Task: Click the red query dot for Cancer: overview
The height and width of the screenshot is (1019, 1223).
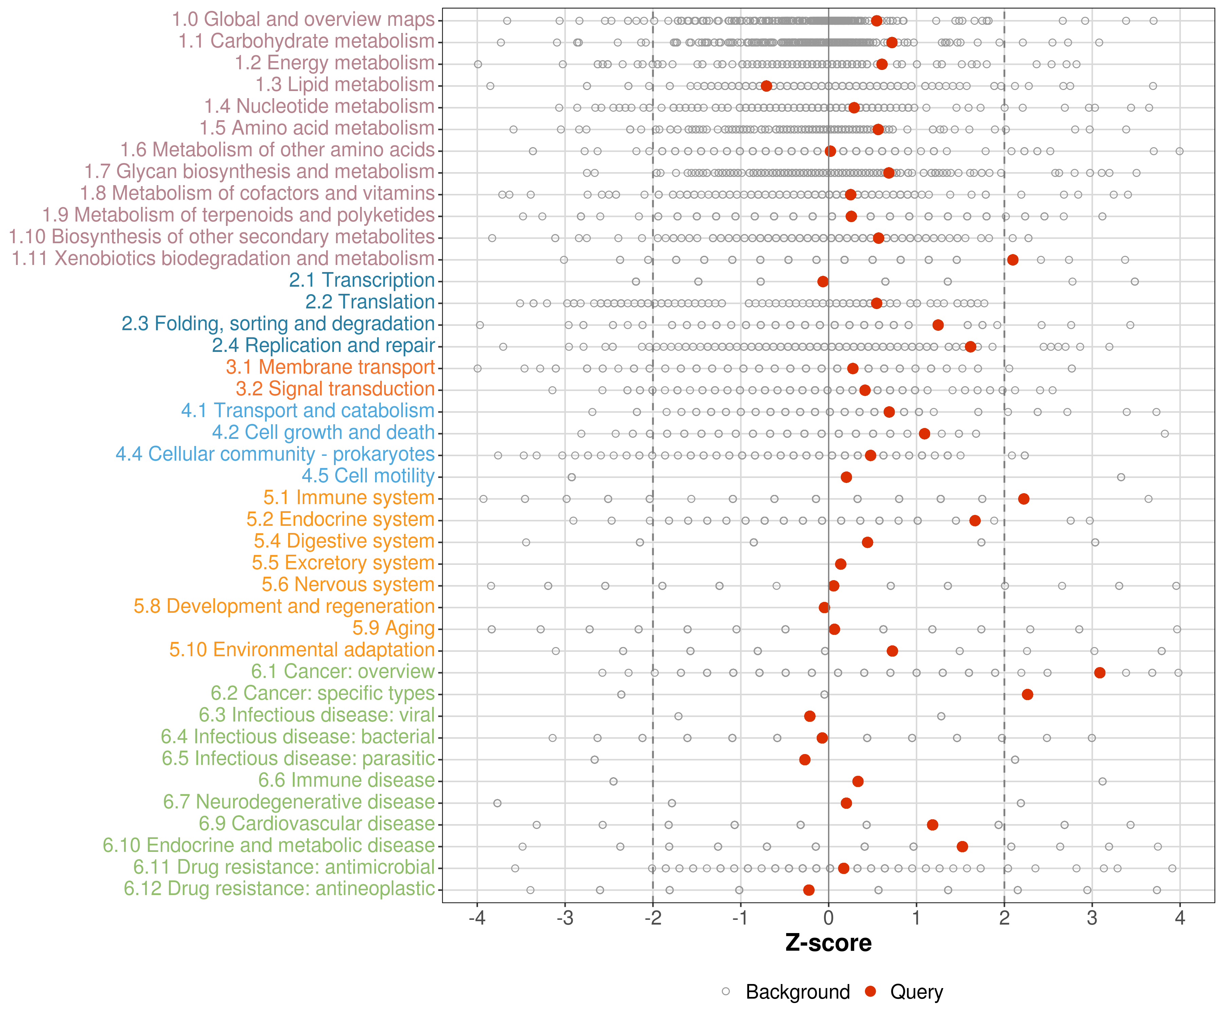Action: (1100, 673)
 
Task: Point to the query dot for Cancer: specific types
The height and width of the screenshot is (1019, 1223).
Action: (1027, 694)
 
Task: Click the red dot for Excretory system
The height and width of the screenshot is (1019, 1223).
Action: (840, 564)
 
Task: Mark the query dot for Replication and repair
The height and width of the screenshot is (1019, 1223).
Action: (970, 346)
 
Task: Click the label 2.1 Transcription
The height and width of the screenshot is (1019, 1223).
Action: (362, 280)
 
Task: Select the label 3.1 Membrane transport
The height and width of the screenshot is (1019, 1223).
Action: (330, 367)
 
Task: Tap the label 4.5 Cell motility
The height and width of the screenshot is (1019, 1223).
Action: (368, 476)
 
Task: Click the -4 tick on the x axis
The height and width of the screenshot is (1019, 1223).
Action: (477, 918)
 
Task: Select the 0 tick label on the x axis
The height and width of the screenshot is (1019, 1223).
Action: (828, 918)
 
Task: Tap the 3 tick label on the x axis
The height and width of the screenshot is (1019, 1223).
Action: (1092, 918)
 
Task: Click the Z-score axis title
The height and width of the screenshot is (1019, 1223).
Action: (828, 943)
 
